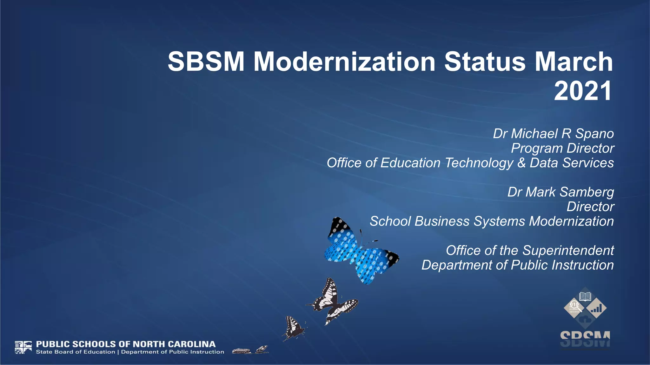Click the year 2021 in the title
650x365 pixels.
[583, 91]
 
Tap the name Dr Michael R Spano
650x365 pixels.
[553, 134]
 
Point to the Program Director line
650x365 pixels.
[562, 148]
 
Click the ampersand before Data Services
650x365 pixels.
[521, 163]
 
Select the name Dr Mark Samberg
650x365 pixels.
[560, 192]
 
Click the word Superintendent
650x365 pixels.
[568, 250]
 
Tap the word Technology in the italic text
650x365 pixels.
[479, 163]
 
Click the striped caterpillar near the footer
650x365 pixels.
[242, 351]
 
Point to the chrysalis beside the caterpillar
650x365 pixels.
[262, 349]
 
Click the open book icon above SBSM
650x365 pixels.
[585, 297]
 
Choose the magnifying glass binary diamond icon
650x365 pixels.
[574, 307]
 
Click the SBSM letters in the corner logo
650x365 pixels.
[585, 339]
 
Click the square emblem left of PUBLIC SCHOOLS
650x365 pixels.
[23, 347]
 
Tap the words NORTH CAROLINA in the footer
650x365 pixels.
[174, 344]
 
